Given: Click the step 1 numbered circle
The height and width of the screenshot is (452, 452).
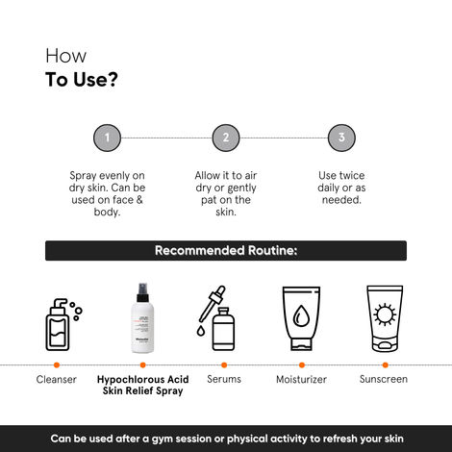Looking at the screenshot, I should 107,138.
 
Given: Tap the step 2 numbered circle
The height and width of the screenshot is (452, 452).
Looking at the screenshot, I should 225,138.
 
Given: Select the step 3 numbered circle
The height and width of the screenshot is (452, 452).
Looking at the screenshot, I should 340,138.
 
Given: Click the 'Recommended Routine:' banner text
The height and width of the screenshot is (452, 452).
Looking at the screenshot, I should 226,251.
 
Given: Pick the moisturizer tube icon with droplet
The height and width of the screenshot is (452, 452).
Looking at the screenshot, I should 301,319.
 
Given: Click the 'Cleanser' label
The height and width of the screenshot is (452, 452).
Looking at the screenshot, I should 57,380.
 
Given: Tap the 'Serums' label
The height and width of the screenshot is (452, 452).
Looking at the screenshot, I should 224,379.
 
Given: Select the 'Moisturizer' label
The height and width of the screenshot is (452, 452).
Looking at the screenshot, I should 301,380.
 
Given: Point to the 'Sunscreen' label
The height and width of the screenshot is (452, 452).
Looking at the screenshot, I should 383,379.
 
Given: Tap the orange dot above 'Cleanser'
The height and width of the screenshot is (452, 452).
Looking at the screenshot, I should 57,365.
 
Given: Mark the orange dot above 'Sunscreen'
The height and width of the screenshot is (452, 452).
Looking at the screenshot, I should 383,365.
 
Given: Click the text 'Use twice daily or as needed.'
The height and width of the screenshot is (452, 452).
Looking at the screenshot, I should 340,188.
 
